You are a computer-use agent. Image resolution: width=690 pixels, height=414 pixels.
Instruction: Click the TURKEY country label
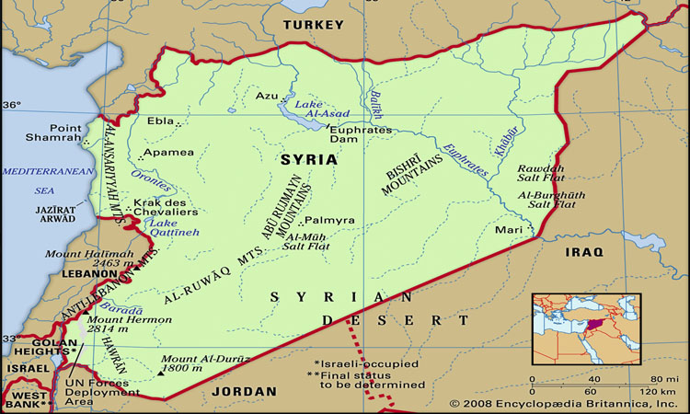tap(313, 25)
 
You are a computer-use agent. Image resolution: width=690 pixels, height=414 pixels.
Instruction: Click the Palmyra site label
tap(328, 221)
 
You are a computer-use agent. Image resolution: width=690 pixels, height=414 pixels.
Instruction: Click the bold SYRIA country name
tap(308, 159)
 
